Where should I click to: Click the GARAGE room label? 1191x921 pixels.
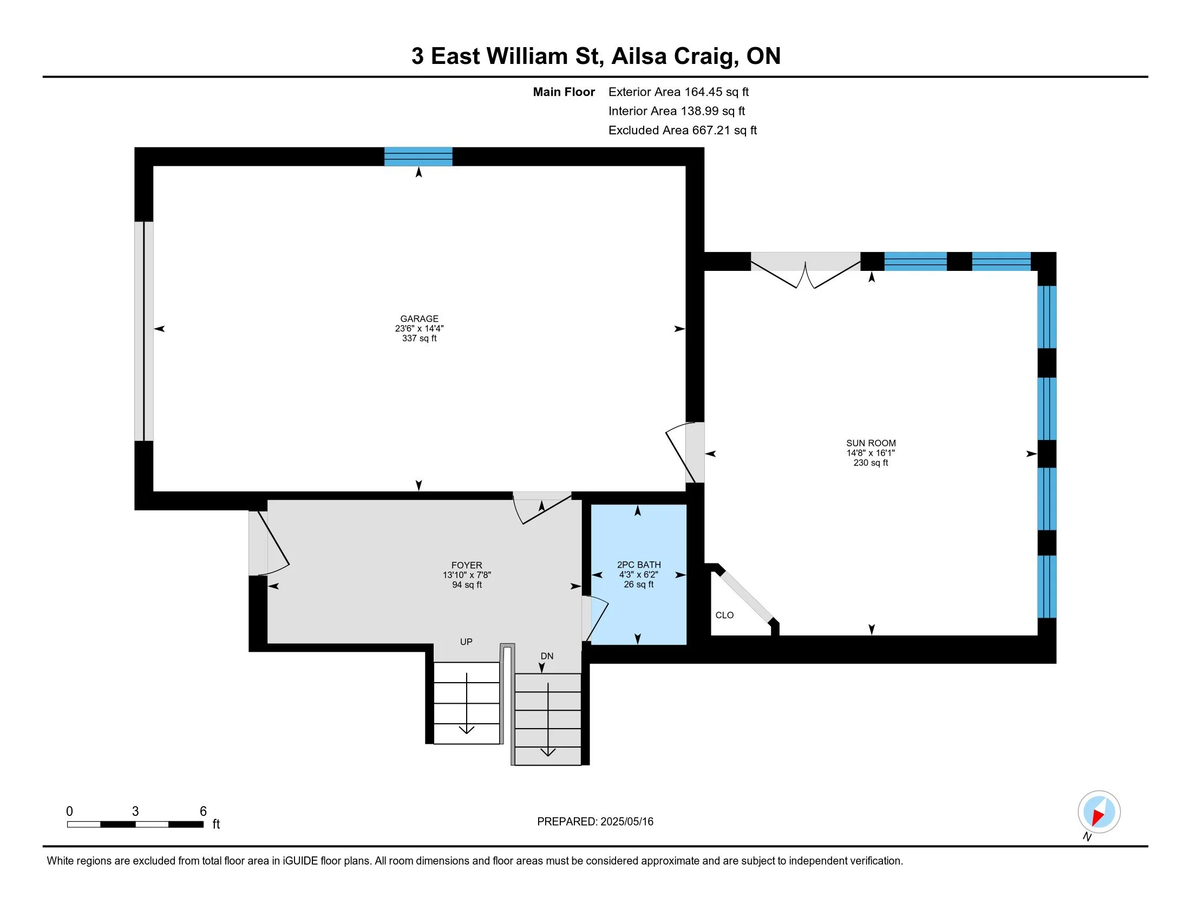pos(419,319)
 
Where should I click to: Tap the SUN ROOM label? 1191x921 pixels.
pos(871,443)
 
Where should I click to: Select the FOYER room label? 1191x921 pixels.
pos(467,565)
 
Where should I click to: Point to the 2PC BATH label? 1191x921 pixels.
pos(639,565)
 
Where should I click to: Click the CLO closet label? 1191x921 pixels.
pos(724,615)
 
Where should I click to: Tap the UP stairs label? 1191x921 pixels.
pos(466,641)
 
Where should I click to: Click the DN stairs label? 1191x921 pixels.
pos(547,656)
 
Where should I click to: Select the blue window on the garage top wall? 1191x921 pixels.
pos(418,157)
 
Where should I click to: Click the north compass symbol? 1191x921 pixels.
pos(1098,813)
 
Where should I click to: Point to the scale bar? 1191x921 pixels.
pos(135,824)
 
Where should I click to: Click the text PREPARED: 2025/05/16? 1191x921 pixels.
pos(595,822)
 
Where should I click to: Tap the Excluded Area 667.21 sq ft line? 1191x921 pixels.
pos(683,131)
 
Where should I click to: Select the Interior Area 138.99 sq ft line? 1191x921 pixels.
pos(677,111)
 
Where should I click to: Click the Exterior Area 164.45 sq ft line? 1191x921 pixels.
pos(678,92)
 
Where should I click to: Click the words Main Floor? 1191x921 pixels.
pos(564,92)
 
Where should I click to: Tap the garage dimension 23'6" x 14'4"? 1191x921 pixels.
pos(419,328)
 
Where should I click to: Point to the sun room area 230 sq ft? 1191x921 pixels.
pos(871,463)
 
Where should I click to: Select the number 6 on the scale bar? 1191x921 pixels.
pos(203,812)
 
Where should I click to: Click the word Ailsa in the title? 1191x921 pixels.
pos(639,56)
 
